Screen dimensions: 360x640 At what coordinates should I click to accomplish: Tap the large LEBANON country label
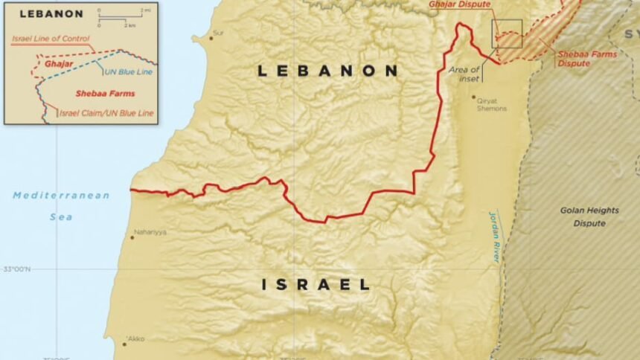[x=327, y=71]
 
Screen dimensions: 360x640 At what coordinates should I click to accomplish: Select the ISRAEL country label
[x=316, y=284]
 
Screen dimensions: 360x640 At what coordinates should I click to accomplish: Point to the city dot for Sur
[x=211, y=38]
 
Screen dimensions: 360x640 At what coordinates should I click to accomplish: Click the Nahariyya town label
[x=150, y=233]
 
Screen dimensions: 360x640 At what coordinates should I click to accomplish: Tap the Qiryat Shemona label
[x=491, y=104]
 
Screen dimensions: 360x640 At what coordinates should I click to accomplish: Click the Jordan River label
[x=496, y=236]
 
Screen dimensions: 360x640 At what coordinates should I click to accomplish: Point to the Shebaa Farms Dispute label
[x=575, y=60]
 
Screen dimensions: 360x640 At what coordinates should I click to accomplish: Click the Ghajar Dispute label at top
[x=460, y=4]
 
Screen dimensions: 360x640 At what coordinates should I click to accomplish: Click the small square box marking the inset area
[x=507, y=33]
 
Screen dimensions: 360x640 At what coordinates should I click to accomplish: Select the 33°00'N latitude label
[x=16, y=269]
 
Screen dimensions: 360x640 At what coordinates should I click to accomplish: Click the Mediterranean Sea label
[x=61, y=206]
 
